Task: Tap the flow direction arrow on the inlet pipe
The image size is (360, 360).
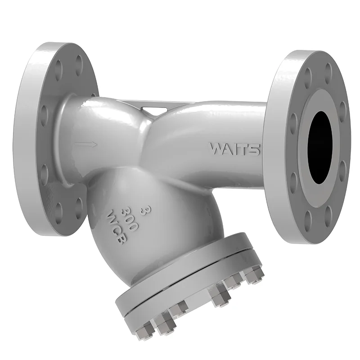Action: (86, 144)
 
